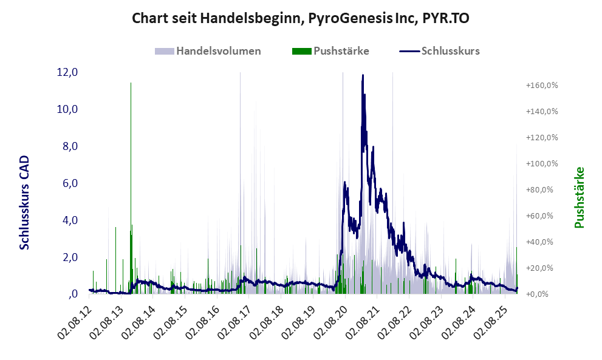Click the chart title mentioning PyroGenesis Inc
(301, 19)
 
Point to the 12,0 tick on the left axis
(67, 72)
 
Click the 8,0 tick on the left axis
(69, 146)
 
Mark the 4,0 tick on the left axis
(69, 220)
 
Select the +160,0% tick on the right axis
(542, 86)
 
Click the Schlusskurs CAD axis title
(25, 202)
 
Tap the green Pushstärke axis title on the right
(579, 197)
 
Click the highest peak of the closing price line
(363, 75)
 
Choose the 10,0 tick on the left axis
(67, 109)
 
